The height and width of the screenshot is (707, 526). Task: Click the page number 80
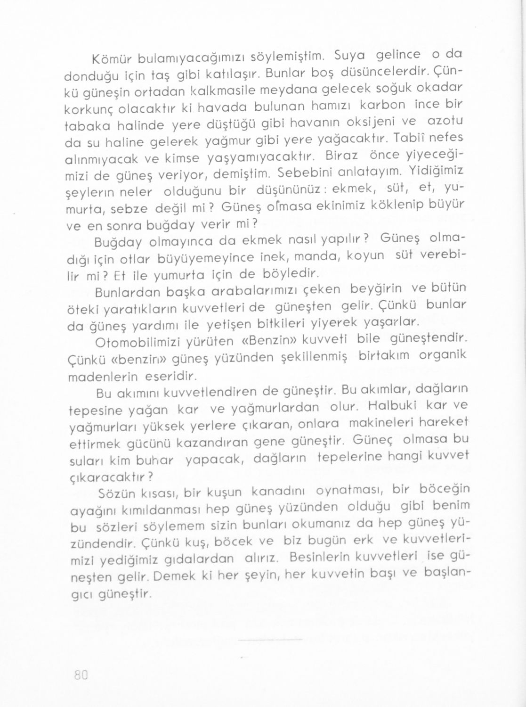point(81,674)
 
